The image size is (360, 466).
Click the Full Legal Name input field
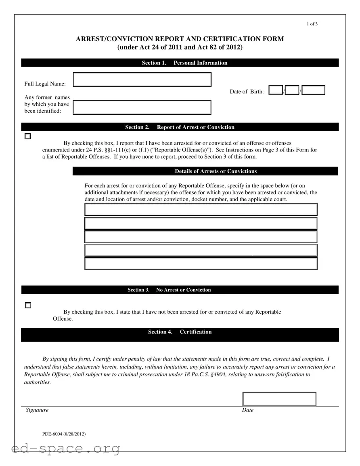[142, 80]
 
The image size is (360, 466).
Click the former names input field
[142, 107]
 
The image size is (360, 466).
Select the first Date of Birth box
[276, 90]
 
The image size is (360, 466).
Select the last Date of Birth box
[313, 90]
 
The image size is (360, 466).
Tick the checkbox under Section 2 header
[27, 136]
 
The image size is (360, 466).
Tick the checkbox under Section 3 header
[27, 305]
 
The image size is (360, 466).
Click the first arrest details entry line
[201, 210]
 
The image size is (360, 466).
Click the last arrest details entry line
[201, 264]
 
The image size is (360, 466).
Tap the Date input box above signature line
[279, 399]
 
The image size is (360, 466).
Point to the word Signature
[37, 410]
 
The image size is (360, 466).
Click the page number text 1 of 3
[312, 24]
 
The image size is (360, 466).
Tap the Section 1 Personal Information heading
[184, 63]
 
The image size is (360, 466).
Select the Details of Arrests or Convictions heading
[216, 171]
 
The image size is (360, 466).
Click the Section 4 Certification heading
[180, 332]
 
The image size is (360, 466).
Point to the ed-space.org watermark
[66, 448]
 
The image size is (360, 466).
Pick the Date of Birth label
[247, 92]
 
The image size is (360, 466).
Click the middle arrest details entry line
[201, 237]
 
